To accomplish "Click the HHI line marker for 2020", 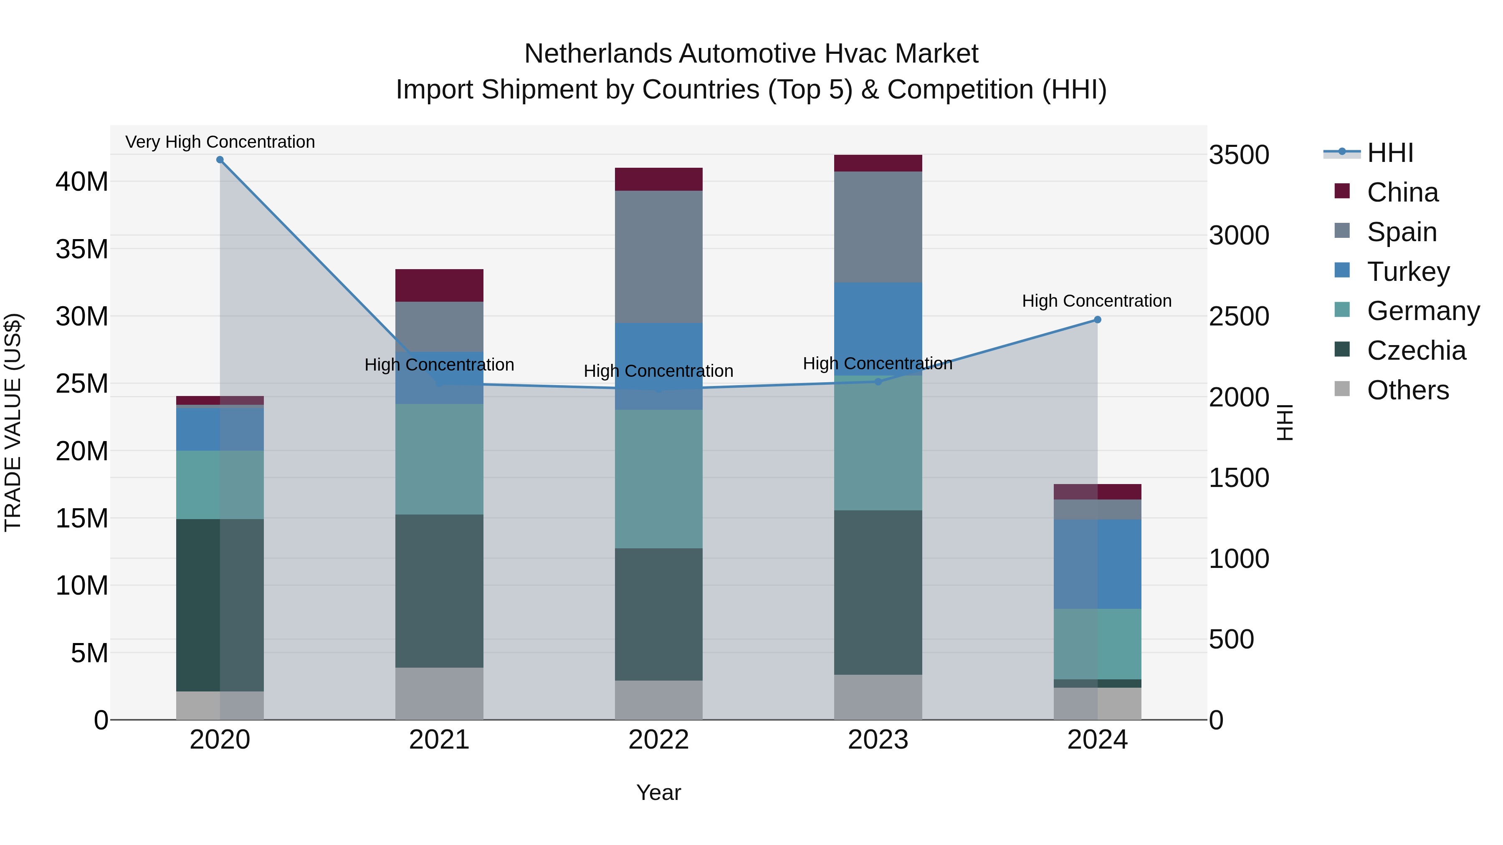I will [x=220, y=160].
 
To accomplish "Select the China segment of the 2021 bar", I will [x=439, y=285].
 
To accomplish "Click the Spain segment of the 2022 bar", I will [x=659, y=257].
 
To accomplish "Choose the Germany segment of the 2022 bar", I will [x=659, y=478].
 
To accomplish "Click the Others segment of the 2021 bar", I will [x=439, y=694].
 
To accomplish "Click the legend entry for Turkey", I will [x=1408, y=272].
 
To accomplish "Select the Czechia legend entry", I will [x=1416, y=351].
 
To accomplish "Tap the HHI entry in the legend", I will [x=1390, y=153].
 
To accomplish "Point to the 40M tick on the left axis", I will [x=82, y=182].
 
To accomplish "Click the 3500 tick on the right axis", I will [x=1239, y=155].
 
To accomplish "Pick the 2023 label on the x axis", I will [x=878, y=740].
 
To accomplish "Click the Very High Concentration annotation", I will [x=220, y=142].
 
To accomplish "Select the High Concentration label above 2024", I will [x=1097, y=301].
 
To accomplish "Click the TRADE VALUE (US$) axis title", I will [x=13, y=422].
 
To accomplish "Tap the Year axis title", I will [x=659, y=792].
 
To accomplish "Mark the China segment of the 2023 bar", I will [x=878, y=163].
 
